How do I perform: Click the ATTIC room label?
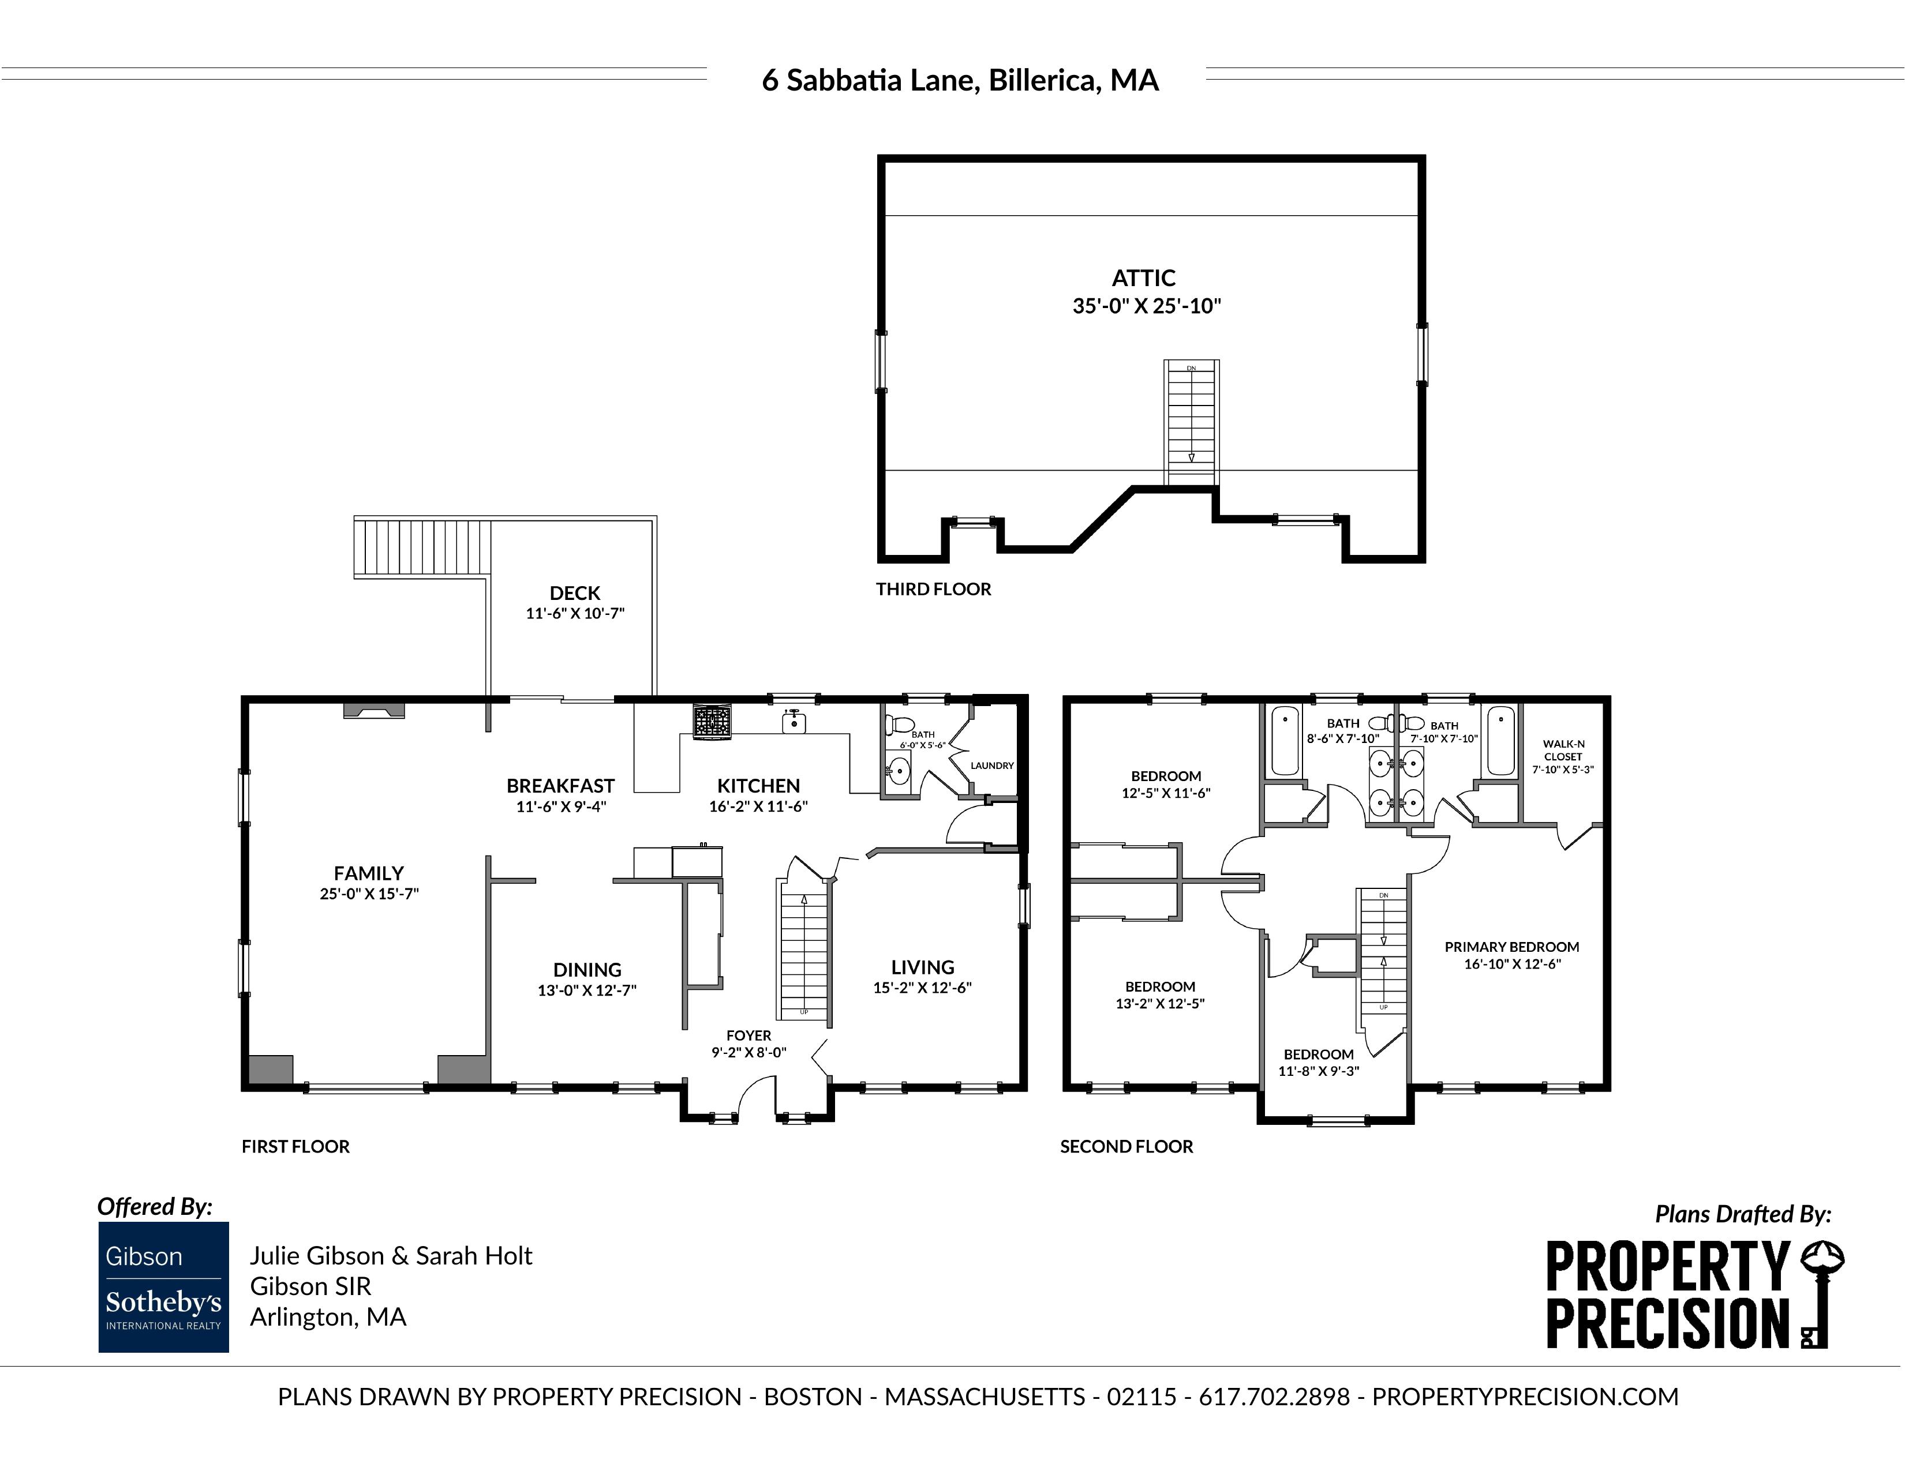tap(1144, 278)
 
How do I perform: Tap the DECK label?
tap(575, 593)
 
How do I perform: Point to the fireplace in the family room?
tap(374, 710)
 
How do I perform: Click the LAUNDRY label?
tap(993, 765)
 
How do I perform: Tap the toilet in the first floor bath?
tap(899, 724)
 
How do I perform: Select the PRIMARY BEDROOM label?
tap(1511, 947)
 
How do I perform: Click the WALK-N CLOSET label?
tap(1563, 750)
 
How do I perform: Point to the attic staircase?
tap(1191, 423)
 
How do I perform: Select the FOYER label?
tap(748, 1036)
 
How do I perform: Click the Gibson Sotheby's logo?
tap(164, 1287)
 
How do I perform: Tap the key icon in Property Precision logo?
tap(1820, 1295)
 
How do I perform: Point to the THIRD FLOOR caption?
tap(933, 590)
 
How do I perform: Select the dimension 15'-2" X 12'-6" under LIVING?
tap(922, 988)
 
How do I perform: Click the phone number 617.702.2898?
tap(1274, 1397)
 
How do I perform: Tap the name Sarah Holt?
tap(474, 1256)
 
